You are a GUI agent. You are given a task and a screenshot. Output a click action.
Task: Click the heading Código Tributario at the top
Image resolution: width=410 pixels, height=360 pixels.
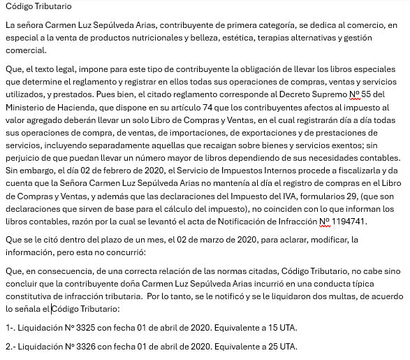click(x=38, y=7)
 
